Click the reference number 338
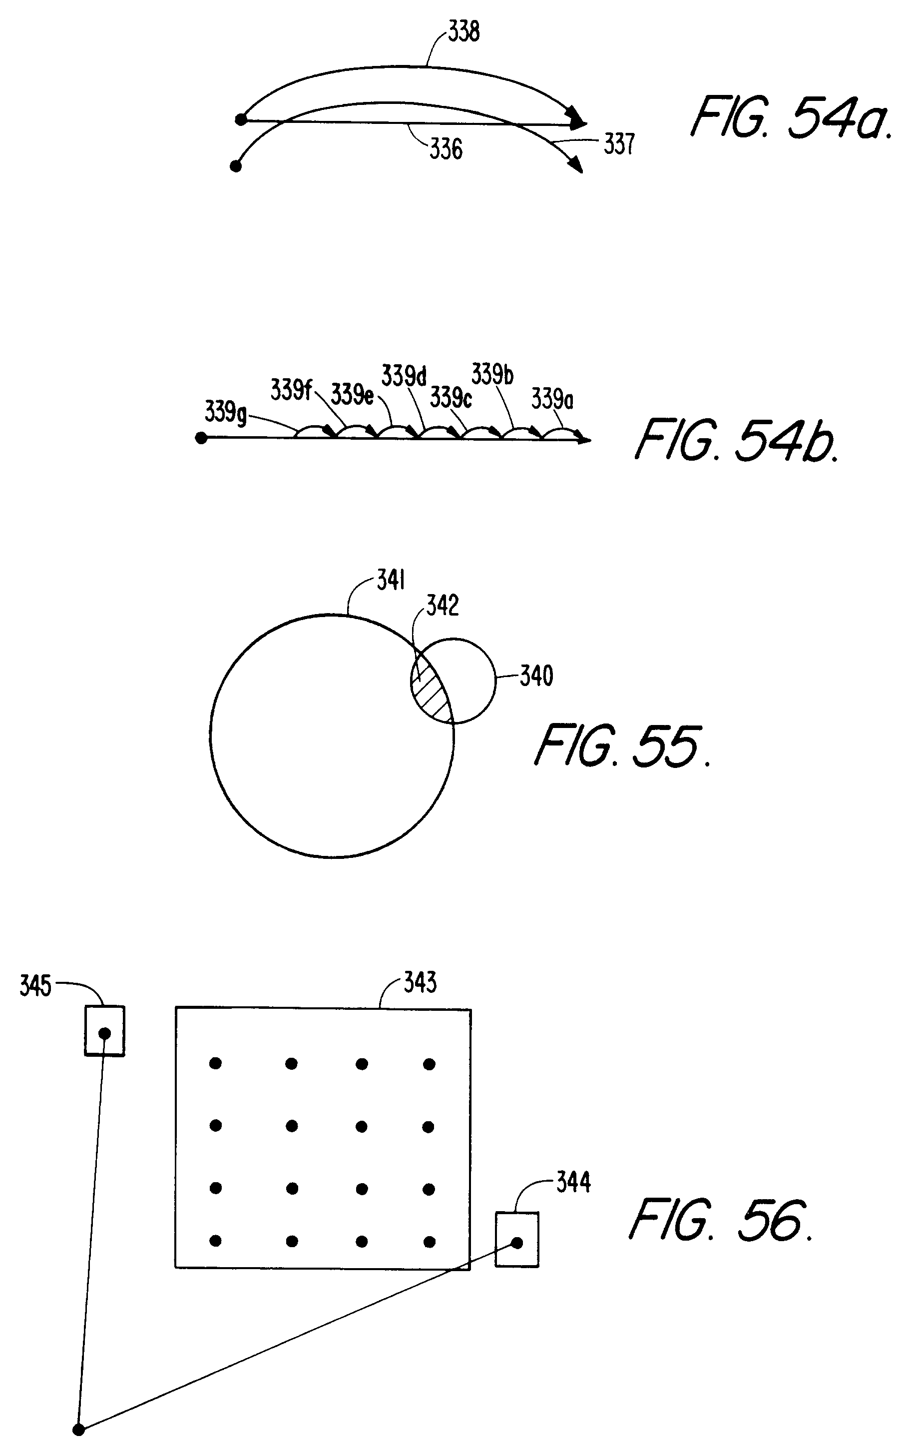tap(463, 31)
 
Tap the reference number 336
tap(446, 148)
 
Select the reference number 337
tap(619, 144)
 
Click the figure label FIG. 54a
tap(791, 118)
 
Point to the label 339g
tap(225, 412)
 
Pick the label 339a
tap(552, 398)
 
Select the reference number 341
tap(391, 581)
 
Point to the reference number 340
tap(536, 676)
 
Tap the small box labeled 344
tap(517, 1240)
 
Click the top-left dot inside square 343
tap(215, 1064)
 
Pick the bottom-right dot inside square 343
tap(430, 1242)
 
